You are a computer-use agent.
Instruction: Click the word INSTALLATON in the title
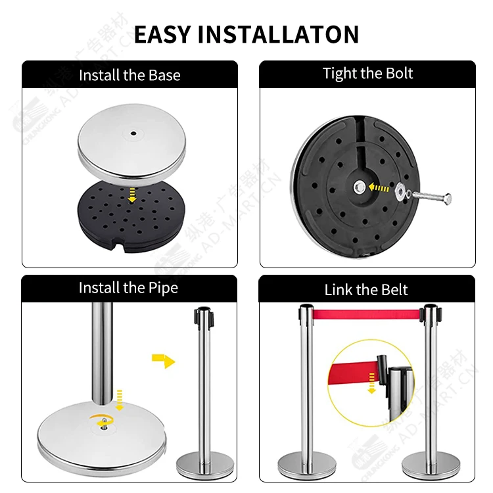tap(279, 34)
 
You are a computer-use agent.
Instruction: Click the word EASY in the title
tap(162, 34)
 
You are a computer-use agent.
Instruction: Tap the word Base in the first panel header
tap(164, 75)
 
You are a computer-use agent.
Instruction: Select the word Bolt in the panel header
tap(399, 73)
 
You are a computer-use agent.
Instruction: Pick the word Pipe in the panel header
tap(163, 289)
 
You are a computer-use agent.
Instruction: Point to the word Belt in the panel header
tap(394, 290)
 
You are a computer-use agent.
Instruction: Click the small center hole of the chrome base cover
tap(133, 133)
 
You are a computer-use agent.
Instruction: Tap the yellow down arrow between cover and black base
tap(132, 195)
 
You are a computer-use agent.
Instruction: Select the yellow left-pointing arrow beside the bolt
tap(379, 188)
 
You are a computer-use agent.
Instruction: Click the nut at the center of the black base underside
tap(359, 188)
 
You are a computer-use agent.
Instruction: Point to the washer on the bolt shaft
tap(401, 192)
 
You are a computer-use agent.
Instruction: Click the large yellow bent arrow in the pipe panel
tap(164, 360)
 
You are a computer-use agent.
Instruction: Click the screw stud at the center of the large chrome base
tap(104, 425)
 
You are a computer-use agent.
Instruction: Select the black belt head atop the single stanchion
tap(204, 317)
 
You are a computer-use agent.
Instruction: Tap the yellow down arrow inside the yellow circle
tap(372, 383)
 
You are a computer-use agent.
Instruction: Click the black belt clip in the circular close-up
tap(382, 370)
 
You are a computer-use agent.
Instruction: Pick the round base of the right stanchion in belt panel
tap(431, 465)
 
